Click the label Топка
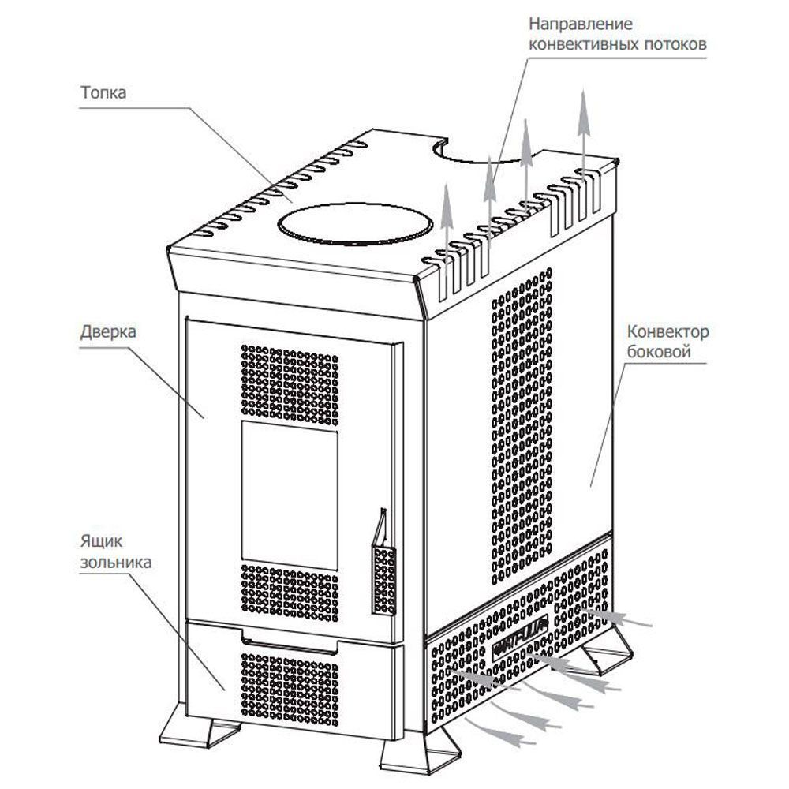pos(103,92)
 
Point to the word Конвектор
pos(667,331)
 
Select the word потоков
pos(674,44)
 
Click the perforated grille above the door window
pos(289,380)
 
